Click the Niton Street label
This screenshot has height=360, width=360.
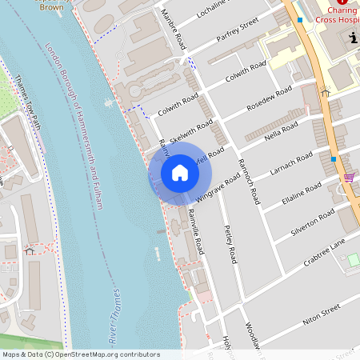322,313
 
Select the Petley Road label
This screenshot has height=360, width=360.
230,245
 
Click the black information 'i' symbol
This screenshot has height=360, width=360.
354,38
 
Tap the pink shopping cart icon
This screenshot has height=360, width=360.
349,177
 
